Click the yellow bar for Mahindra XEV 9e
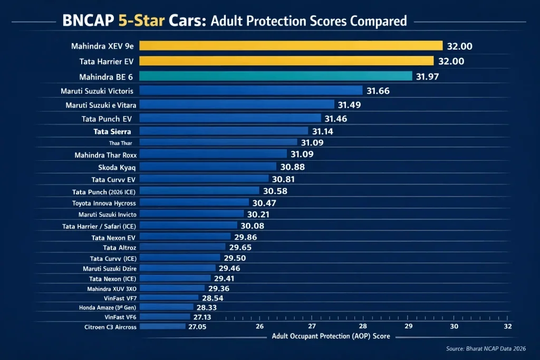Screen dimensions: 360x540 291,46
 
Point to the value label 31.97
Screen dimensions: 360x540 427,77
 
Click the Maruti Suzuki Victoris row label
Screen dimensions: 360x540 100,91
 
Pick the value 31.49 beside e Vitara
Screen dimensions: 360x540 350,105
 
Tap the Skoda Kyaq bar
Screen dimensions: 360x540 208,167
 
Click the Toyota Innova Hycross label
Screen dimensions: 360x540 104,203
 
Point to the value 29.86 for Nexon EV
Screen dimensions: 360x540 246,238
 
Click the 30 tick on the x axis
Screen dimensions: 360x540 454,326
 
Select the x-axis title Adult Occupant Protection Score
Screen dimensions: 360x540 331,336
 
